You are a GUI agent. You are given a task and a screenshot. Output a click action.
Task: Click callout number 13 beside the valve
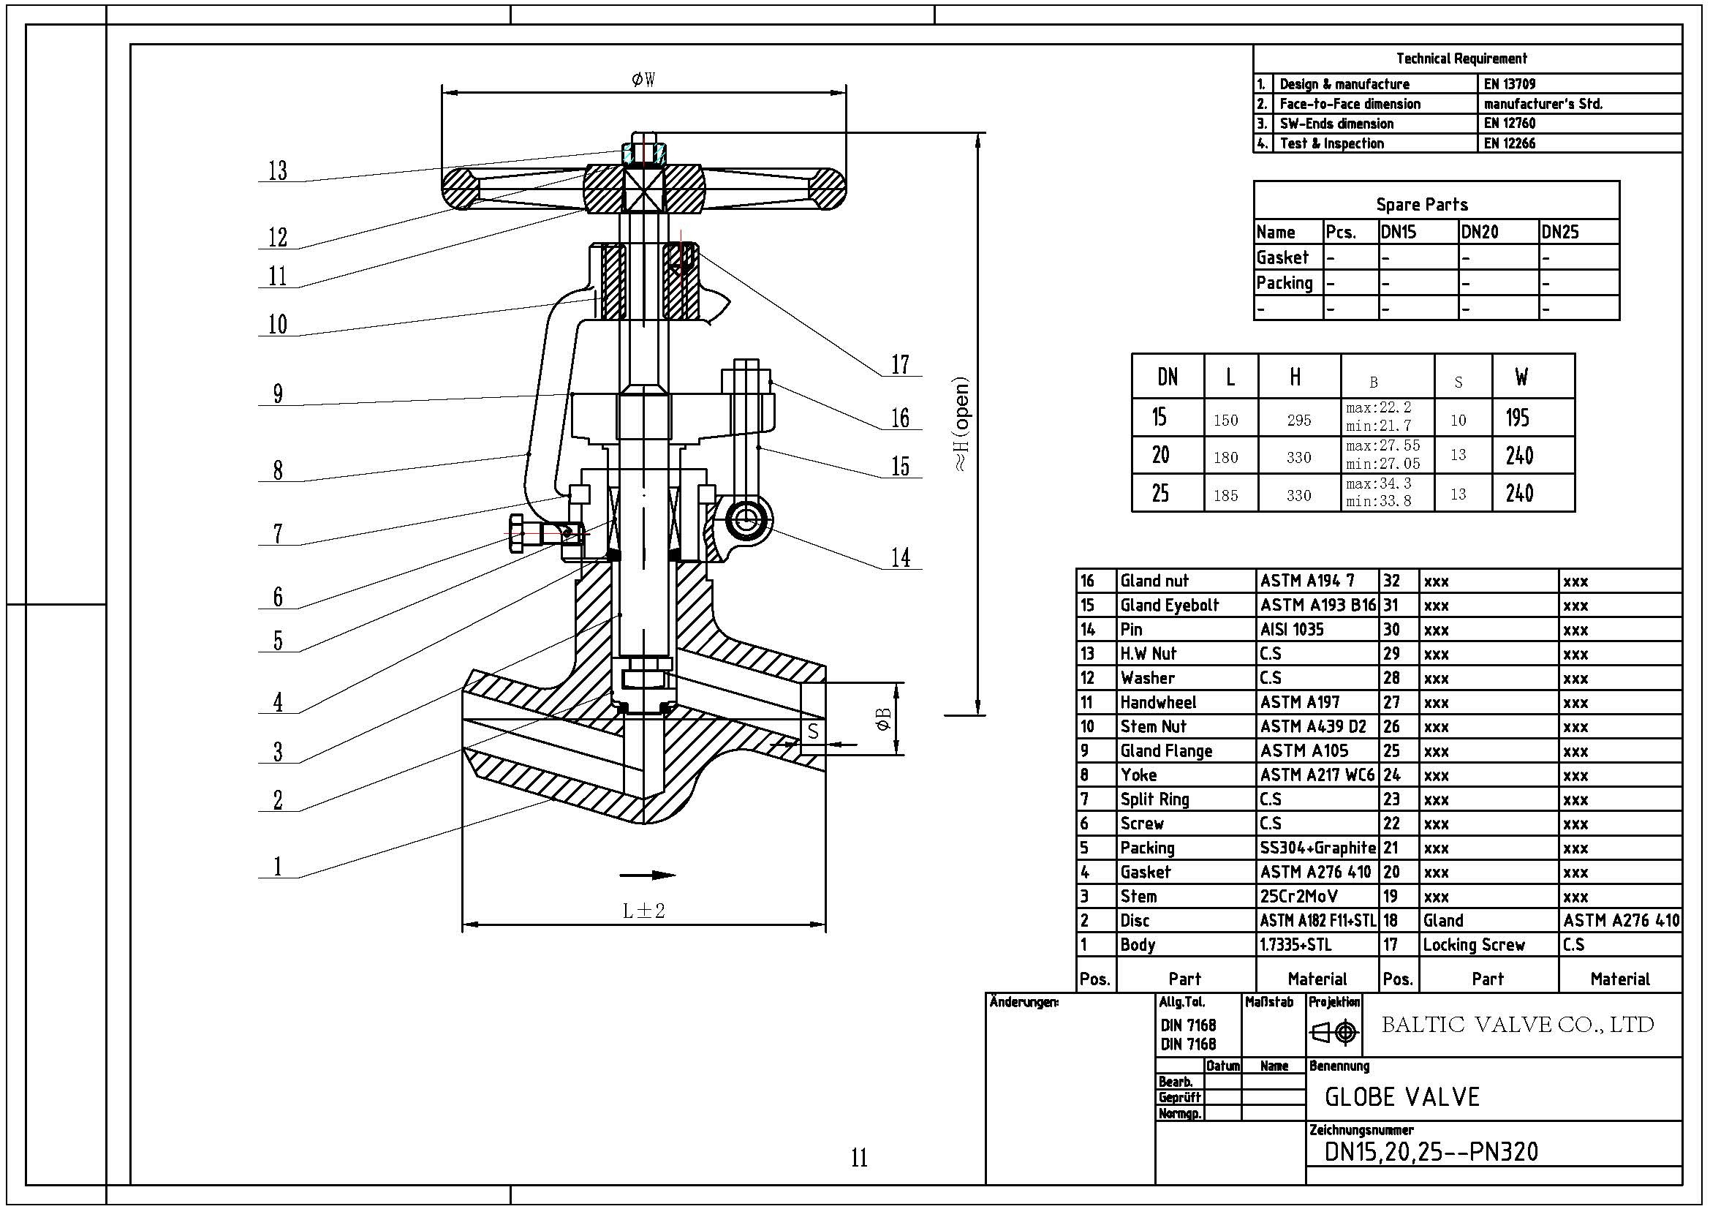[278, 171]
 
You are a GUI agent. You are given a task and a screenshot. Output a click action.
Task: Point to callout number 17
[901, 365]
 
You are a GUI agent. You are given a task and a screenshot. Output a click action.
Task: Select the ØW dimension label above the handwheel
[643, 80]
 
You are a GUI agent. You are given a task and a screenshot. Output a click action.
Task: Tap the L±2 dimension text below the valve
[643, 911]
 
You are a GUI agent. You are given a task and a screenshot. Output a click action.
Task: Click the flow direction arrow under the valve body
[646, 875]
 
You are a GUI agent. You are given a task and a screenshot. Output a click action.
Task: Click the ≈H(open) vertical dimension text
[962, 425]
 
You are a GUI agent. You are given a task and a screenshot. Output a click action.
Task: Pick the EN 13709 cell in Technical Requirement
[1509, 84]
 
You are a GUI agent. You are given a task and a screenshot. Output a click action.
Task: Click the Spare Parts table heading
[1421, 205]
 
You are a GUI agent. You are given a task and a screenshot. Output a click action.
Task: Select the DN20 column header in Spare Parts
[1479, 233]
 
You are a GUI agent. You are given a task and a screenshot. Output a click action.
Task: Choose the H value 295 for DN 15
[1298, 420]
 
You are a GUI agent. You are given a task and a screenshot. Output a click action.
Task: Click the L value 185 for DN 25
[1225, 495]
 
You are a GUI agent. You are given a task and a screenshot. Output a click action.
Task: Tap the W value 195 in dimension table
[1518, 418]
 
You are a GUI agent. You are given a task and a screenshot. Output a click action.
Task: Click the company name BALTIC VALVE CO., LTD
[1517, 1025]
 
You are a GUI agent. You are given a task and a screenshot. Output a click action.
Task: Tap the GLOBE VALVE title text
[1401, 1097]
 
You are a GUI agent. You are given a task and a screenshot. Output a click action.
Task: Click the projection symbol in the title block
[1334, 1033]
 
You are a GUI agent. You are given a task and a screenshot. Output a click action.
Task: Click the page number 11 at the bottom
[859, 1158]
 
